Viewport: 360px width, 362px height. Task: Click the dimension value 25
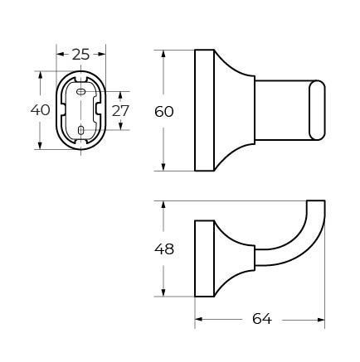point(80,55)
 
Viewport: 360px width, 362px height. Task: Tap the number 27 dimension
point(120,110)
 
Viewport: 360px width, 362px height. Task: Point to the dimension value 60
point(164,110)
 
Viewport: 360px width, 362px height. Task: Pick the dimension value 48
point(164,249)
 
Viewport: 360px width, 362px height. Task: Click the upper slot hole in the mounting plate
point(80,94)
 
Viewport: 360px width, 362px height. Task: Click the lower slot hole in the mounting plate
point(80,130)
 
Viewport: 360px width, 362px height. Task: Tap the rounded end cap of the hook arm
point(316,109)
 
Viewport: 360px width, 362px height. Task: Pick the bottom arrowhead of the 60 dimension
point(164,167)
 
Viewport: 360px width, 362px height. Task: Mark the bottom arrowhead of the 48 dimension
point(164,293)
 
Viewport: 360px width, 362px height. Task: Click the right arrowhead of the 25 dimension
point(103,55)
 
